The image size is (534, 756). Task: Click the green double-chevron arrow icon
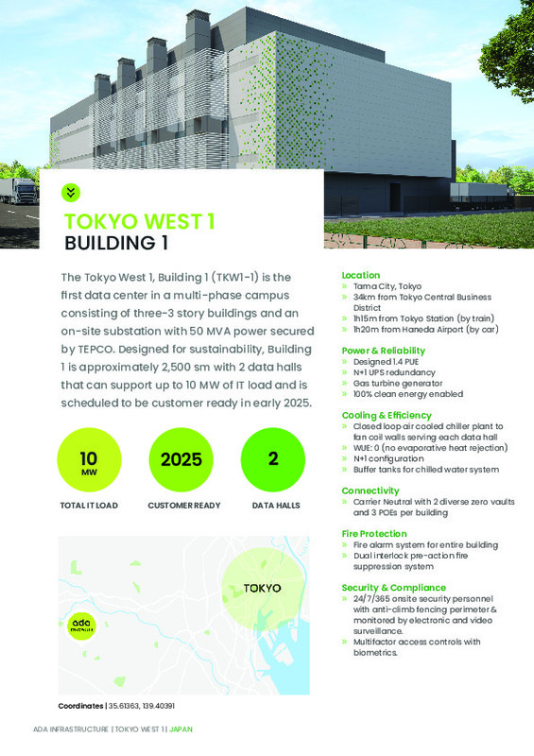point(70,192)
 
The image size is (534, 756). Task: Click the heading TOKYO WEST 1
point(139,222)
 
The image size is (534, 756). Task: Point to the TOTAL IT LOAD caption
point(88,506)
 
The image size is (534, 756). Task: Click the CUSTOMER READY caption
point(184,506)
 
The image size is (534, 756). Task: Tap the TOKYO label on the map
point(262,588)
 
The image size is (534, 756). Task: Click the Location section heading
point(360,274)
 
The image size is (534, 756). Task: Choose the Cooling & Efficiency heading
point(388,415)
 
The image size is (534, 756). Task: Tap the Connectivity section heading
point(370,490)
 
